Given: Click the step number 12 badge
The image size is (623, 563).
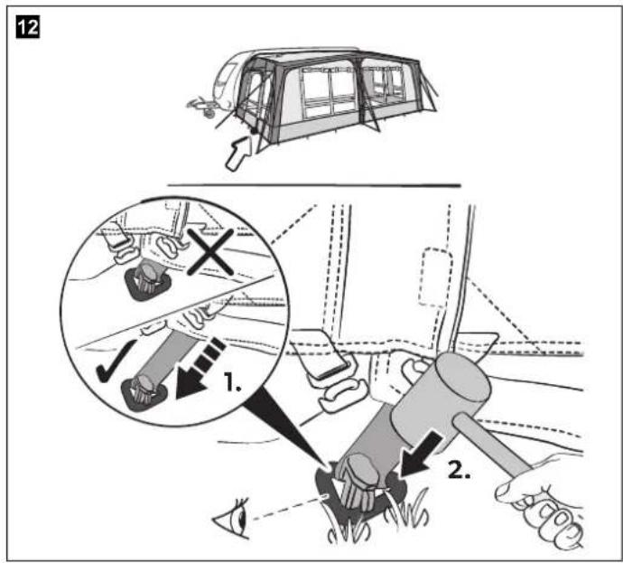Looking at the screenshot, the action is (x=28, y=28).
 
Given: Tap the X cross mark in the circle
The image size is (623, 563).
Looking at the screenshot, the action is (x=210, y=252).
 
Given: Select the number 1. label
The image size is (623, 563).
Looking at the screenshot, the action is (x=232, y=381).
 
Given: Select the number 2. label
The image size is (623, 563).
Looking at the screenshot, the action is (x=460, y=470).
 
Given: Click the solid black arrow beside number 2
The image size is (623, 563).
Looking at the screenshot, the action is (x=420, y=455).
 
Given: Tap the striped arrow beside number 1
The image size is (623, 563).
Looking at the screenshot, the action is (x=199, y=369).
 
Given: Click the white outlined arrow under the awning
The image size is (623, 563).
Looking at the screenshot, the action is (x=239, y=153).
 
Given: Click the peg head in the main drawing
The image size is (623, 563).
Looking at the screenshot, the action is (x=358, y=480).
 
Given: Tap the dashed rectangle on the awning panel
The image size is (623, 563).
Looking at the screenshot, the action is (x=436, y=277).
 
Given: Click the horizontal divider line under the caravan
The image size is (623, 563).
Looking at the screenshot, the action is (x=314, y=185).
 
